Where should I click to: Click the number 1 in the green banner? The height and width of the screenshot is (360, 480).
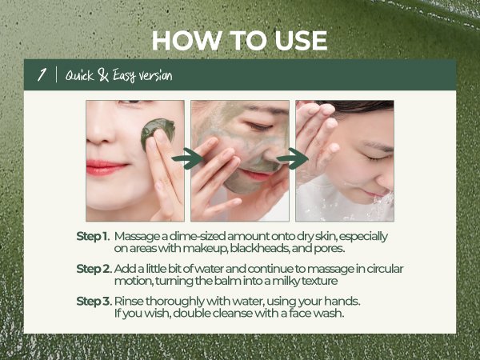pyautogui.click(x=42, y=74)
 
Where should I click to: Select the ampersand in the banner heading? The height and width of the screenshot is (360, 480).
pyautogui.click(x=103, y=75)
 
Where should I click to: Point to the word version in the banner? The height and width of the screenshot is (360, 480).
pyautogui.click(x=155, y=75)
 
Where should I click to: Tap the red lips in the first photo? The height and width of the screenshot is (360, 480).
pyautogui.click(x=106, y=168)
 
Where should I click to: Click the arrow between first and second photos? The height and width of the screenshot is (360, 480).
pyautogui.click(x=187, y=158)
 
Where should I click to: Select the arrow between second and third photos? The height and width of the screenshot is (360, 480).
pyautogui.click(x=292, y=158)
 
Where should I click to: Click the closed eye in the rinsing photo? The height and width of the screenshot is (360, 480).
pyautogui.click(x=378, y=158)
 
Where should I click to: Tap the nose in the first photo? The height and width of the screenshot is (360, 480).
pyautogui.click(x=98, y=129)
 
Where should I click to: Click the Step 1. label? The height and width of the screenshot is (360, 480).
pyautogui.click(x=93, y=236)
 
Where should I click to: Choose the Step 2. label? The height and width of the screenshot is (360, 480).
pyautogui.click(x=94, y=269)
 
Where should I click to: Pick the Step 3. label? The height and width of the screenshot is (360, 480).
pyautogui.click(x=94, y=302)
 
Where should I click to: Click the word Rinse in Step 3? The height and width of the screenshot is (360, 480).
pyautogui.click(x=129, y=302)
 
